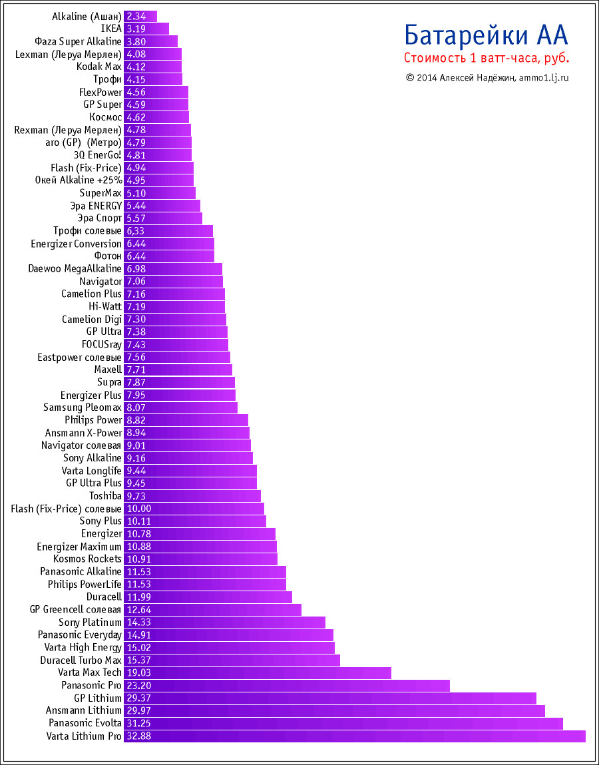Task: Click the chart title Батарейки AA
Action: [x=487, y=35]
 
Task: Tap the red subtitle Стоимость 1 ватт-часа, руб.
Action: [x=487, y=59]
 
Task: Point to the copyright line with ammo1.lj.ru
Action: [x=487, y=77]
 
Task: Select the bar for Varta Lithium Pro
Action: [x=354, y=736]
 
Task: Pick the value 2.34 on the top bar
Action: [x=136, y=16]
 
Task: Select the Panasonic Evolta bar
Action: [x=343, y=723]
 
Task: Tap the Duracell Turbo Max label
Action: [x=81, y=660]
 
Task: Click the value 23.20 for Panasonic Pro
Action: [x=139, y=685]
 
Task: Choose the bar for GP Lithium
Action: [x=329, y=698]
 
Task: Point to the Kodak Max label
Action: [x=99, y=67]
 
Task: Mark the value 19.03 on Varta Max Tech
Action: [x=139, y=672]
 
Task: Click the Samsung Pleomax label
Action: [x=83, y=407]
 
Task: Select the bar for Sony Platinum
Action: [x=224, y=622]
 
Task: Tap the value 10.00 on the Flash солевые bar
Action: [x=139, y=508]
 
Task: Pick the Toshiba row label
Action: [x=105, y=495]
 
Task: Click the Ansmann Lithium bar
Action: [x=334, y=710]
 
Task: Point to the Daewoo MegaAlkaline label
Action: [x=75, y=268]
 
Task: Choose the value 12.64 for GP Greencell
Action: [x=139, y=609]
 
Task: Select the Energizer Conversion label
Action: [x=76, y=243]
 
